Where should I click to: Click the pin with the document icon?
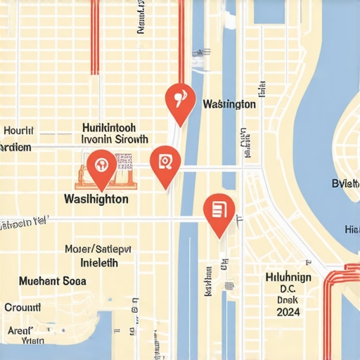(218, 210)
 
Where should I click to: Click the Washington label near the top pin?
(229, 104)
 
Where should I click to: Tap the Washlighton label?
(96, 199)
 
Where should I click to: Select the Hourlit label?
(18, 131)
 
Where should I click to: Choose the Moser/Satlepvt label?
(97, 249)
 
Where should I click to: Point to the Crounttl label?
(22, 307)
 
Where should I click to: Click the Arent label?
(20, 329)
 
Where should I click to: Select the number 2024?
(288, 311)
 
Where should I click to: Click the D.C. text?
(288, 288)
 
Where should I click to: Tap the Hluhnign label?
(288, 277)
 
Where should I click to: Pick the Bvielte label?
(345, 184)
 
